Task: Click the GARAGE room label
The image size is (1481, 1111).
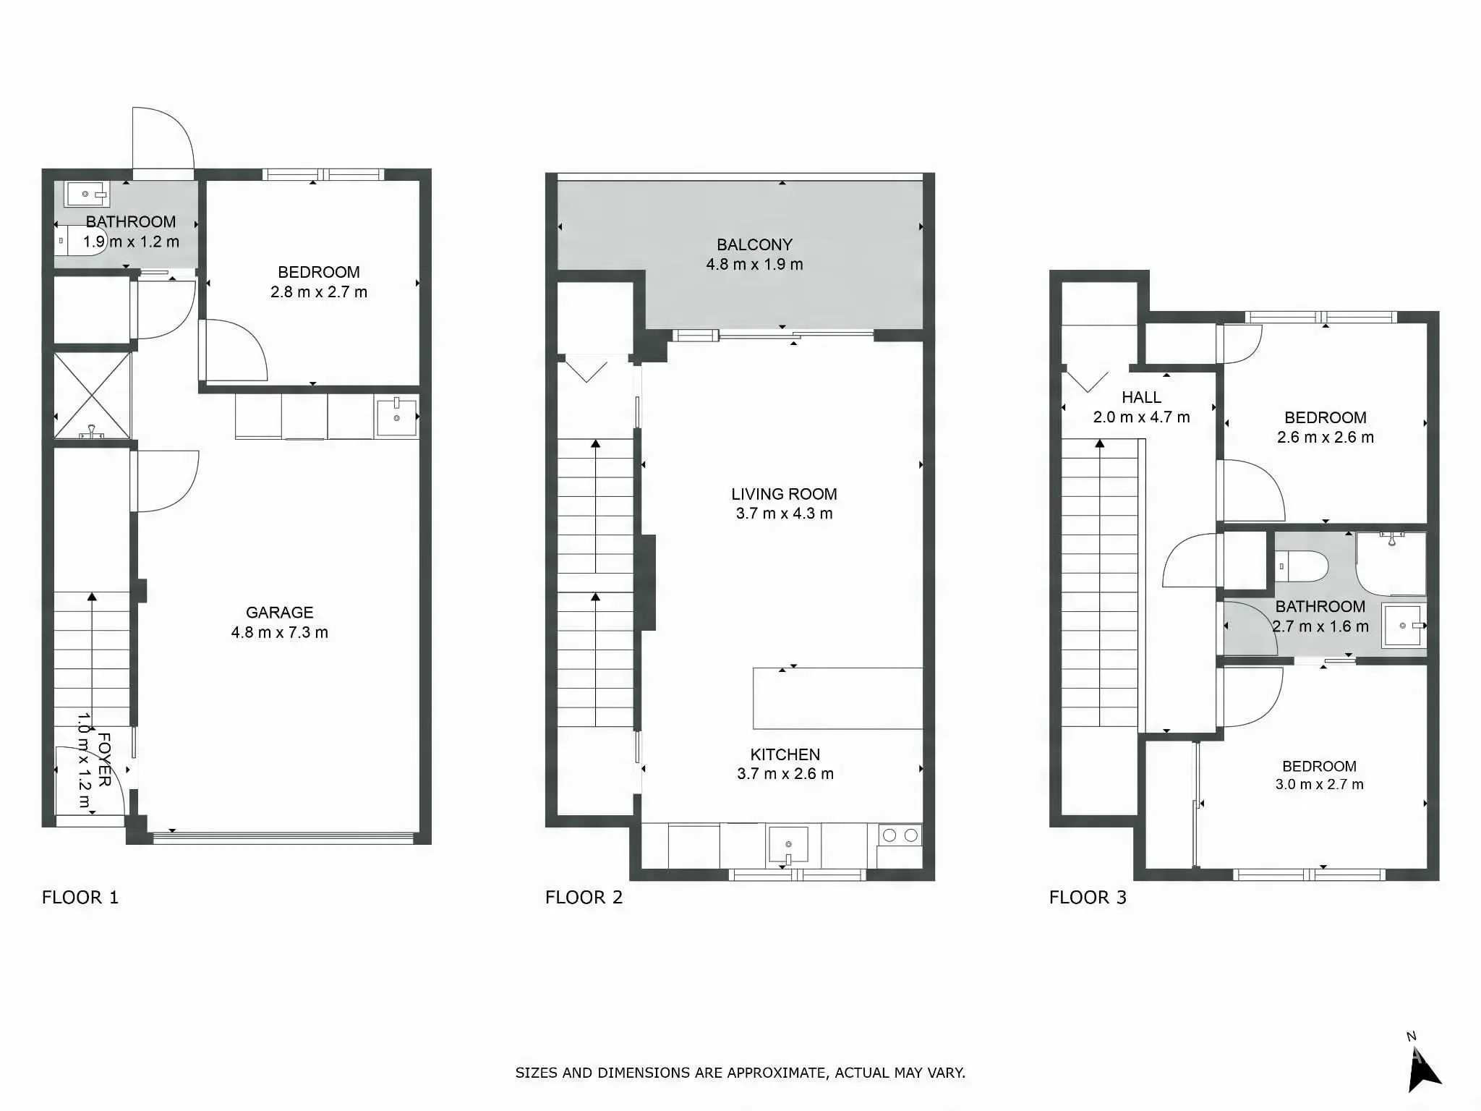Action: click(279, 613)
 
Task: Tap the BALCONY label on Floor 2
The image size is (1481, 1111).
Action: click(754, 244)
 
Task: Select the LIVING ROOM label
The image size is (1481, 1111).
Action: click(784, 494)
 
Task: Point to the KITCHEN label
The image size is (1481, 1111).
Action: click(785, 754)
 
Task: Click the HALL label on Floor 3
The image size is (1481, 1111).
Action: click(1141, 397)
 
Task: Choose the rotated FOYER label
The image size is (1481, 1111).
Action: click(104, 759)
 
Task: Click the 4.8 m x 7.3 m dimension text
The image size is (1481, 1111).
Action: click(279, 632)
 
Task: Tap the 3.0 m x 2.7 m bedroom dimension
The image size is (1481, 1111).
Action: click(1319, 784)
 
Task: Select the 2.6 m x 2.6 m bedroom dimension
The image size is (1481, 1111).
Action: click(1325, 437)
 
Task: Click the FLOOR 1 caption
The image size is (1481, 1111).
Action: click(80, 898)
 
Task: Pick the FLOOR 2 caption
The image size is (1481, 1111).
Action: click(584, 898)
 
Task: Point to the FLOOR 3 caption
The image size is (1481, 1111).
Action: click(1088, 898)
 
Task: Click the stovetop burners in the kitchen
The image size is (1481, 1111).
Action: click(900, 835)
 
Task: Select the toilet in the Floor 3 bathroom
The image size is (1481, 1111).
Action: click(1301, 566)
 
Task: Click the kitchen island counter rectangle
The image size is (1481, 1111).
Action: click(837, 698)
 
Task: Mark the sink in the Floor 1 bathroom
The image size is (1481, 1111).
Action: click(86, 194)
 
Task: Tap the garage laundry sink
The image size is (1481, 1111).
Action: click(396, 417)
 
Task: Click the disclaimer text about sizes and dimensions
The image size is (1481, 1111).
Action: click(740, 1073)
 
